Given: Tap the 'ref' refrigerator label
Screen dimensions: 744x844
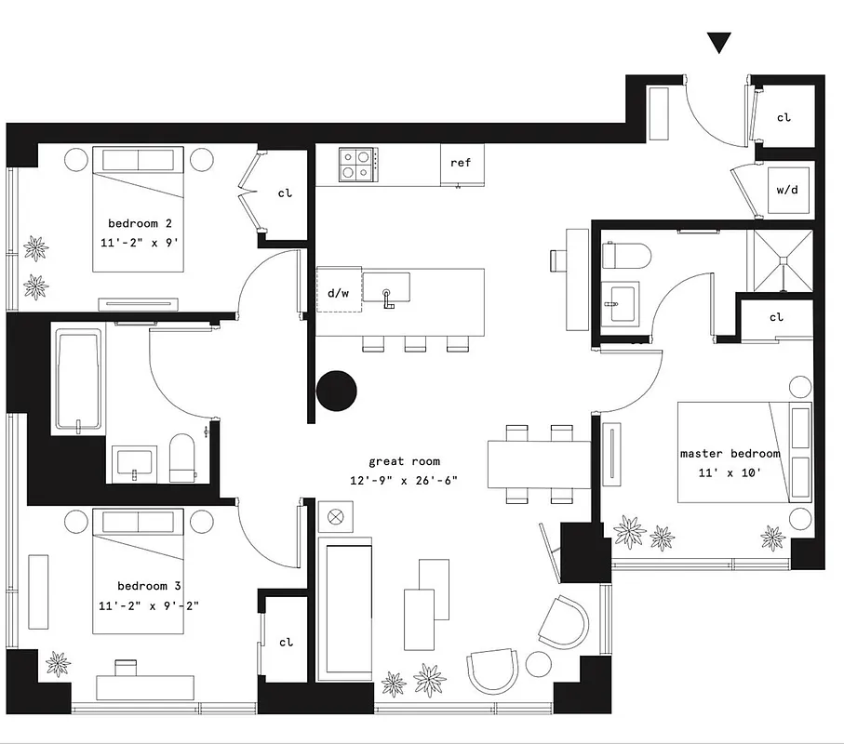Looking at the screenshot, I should click(x=461, y=163).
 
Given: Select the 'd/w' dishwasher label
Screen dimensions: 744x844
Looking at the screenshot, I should click(x=339, y=293).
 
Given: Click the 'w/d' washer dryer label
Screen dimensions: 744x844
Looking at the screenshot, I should click(x=786, y=190).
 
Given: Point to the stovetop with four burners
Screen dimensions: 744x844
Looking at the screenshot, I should click(x=356, y=165).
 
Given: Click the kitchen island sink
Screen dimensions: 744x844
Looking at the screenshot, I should click(x=385, y=289).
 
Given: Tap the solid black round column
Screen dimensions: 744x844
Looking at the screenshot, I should click(x=337, y=391).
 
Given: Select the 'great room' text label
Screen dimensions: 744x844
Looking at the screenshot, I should click(x=404, y=461).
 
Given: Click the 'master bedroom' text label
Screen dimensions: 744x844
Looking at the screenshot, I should click(x=730, y=453).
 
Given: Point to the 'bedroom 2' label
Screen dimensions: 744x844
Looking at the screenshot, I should click(x=140, y=223).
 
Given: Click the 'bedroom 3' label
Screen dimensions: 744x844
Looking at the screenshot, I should click(x=149, y=586).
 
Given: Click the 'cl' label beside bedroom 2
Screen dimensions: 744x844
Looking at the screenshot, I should click(x=285, y=193).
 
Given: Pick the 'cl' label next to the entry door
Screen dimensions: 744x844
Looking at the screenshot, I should click(x=784, y=118).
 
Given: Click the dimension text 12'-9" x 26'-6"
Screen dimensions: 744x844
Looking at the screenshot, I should click(x=404, y=480).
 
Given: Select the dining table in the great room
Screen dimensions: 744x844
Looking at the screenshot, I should click(x=539, y=462).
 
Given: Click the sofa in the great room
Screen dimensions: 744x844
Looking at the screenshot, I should click(x=345, y=609).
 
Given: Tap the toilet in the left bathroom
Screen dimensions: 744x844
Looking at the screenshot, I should click(x=182, y=459).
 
